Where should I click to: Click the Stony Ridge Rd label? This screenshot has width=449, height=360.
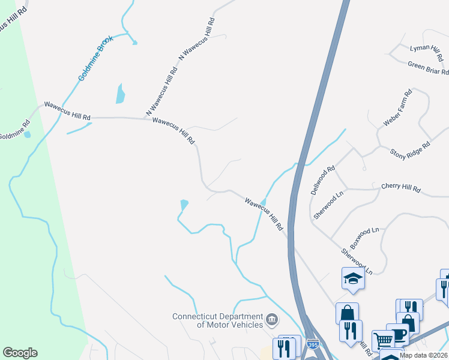(410, 146)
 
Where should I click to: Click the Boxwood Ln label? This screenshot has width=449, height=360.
(365, 238)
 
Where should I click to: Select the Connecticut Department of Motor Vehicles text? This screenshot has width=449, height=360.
(218, 320)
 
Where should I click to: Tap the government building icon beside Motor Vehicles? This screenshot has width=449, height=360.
(272, 319)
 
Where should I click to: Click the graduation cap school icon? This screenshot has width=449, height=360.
(352, 278)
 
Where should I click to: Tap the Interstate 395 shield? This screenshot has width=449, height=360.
(313, 345)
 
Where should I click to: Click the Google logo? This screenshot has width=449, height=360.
(20, 353)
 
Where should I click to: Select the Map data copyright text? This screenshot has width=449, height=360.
(424, 355)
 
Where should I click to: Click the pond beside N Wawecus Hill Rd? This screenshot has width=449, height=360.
(120, 94)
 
